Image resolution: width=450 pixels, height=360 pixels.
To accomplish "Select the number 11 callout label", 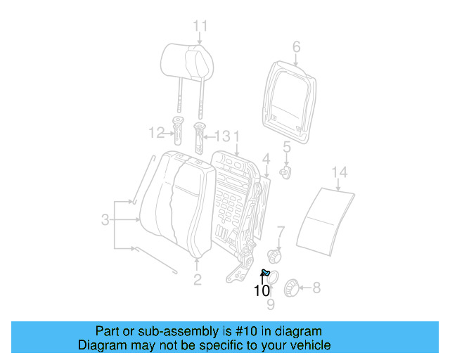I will click(x=200, y=27).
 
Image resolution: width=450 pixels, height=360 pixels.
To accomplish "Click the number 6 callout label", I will click(x=296, y=47).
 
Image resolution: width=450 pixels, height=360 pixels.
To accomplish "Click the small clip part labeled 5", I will click(x=286, y=172).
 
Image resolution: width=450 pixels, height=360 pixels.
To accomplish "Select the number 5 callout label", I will click(x=287, y=147).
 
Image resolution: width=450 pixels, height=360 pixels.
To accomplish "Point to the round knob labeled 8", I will click(x=290, y=287).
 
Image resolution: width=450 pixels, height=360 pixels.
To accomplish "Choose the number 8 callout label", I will click(x=316, y=287).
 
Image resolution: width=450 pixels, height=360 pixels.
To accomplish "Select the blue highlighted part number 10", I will click(x=266, y=273).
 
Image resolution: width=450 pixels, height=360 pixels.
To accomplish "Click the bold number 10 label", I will click(x=262, y=290).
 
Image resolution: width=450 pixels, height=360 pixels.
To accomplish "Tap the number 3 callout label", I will click(x=105, y=220).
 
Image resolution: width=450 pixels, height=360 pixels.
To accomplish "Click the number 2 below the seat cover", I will click(x=197, y=281).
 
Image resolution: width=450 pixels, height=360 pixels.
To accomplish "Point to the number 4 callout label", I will click(x=266, y=158).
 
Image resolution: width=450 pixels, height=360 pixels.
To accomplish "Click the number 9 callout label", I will click(x=271, y=304).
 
